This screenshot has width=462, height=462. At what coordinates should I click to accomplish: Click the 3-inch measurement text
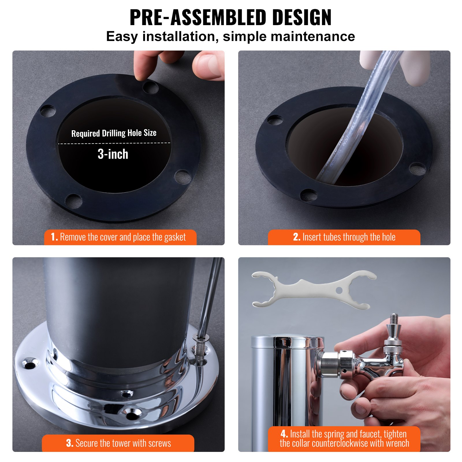(x=113, y=154)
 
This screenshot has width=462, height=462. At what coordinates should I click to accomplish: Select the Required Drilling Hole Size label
(x=114, y=133)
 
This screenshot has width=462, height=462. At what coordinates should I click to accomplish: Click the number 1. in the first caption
(x=54, y=237)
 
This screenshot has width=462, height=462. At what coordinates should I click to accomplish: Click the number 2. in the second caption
(x=297, y=237)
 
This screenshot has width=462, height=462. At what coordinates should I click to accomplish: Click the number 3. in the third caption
(x=70, y=443)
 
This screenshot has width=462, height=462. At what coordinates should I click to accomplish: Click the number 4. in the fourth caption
(x=284, y=434)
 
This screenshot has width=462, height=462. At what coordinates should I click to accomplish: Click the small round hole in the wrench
(x=339, y=290)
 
